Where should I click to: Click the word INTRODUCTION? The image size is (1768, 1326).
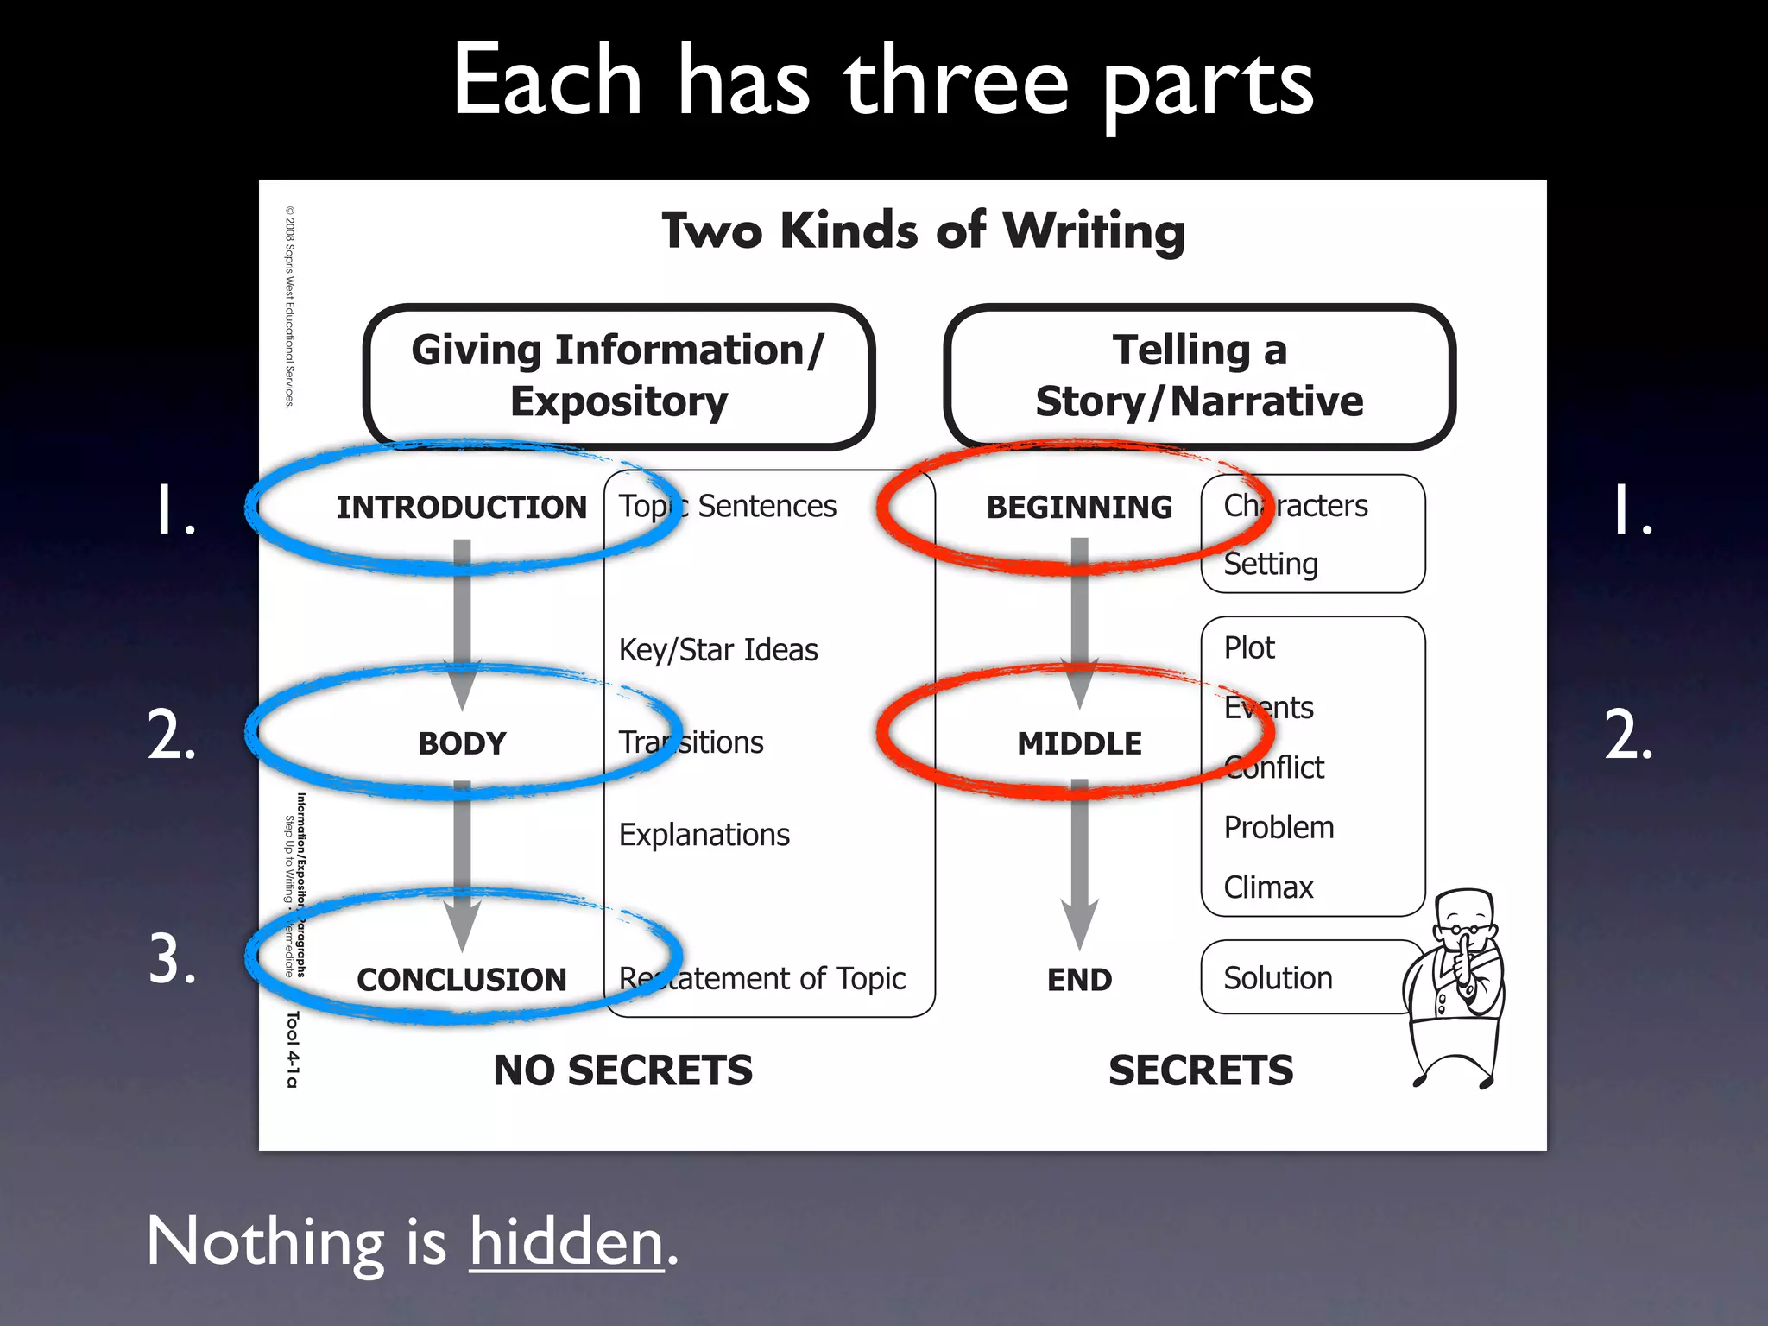[461, 508]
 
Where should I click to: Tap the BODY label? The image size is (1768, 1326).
[462, 743]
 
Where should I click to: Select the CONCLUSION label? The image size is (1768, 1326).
[462, 980]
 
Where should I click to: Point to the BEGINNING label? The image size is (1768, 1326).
[1079, 508]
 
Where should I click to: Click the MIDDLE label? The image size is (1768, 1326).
[1079, 743]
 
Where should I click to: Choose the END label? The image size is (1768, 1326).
[1079, 980]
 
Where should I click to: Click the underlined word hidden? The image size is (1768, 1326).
[566, 1241]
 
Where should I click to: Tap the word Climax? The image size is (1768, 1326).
[1268, 887]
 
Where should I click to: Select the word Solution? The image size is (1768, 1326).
[1278, 978]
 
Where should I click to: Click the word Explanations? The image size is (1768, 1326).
[704, 835]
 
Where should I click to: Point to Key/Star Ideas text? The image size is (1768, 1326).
[718, 649]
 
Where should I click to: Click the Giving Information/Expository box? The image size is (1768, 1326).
[619, 376]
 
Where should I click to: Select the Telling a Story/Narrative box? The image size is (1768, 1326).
[1200, 376]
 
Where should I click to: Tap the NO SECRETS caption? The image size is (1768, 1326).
[622, 1070]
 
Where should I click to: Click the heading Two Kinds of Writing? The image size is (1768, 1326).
[923, 231]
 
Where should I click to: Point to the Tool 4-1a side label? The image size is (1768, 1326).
[293, 1049]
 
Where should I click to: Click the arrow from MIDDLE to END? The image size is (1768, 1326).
[1079, 863]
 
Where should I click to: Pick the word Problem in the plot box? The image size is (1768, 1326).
[1279, 827]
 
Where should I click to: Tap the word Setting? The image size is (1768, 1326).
[1271, 564]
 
